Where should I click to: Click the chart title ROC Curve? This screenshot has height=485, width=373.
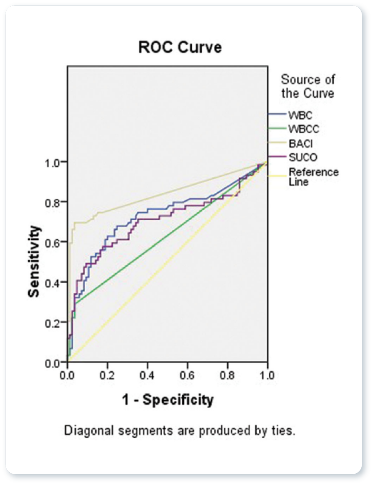pyautogui.click(x=180, y=47)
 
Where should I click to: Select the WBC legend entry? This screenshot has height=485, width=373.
pyautogui.click(x=300, y=115)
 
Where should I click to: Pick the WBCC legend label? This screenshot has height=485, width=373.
pyautogui.click(x=304, y=129)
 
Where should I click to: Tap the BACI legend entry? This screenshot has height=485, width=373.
pyautogui.click(x=301, y=143)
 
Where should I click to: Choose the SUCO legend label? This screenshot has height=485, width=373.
pyautogui.click(x=303, y=157)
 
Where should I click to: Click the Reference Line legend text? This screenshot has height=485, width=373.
pyautogui.click(x=313, y=176)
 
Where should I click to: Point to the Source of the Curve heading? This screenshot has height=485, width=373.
pyautogui.click(x=308, y=86)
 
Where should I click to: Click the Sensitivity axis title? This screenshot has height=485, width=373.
pyautogui.click(x=34, y=262)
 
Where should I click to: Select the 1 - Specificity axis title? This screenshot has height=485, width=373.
pyautogui.click(x=168, y=400)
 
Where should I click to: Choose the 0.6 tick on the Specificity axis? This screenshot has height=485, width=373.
pyautogui.click(x=187, y=375)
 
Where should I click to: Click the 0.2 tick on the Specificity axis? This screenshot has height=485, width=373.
pyautogui.click(x=107, y=375)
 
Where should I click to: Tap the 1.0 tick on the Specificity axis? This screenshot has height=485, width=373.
pyautogui.click(x=267, y=375)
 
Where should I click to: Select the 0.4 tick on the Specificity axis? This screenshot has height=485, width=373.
pyautogui.click(x=147, y=375)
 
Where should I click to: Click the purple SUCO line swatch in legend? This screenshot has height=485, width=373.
pyautogui.click(x=277, y=157)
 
